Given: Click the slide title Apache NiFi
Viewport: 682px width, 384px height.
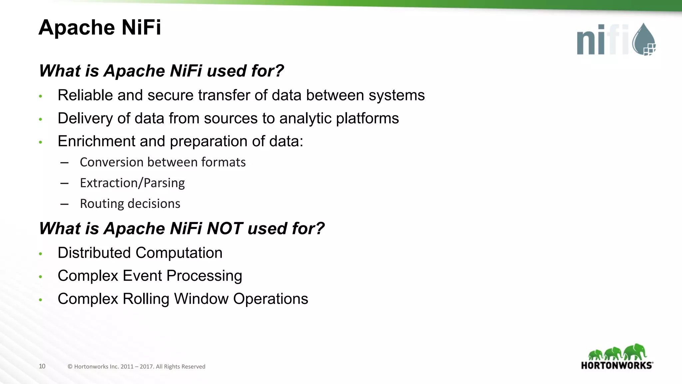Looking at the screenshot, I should click(100, 27).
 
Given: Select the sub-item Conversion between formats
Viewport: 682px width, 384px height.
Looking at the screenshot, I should click(163, 162).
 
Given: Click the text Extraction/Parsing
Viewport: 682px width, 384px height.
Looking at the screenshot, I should click(132, 183).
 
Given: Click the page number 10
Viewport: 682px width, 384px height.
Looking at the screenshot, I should click(42, 366).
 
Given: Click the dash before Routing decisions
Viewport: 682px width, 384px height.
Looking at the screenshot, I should click(65, 204).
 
